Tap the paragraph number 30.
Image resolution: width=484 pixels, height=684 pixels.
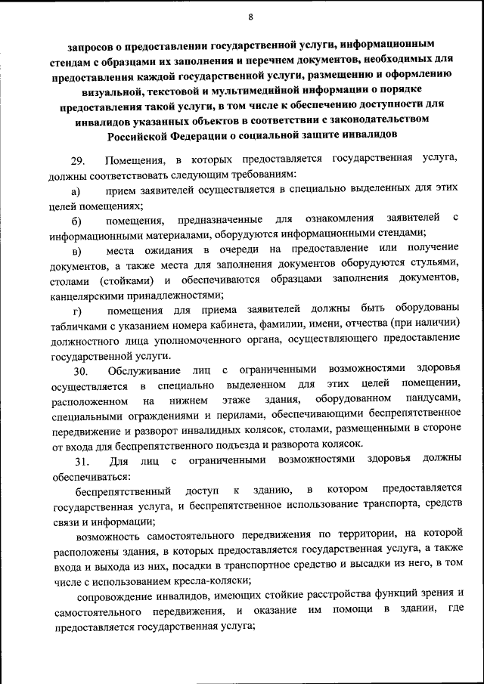(x=80, y=370)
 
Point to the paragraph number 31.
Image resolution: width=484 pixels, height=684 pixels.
(x=80, y=460)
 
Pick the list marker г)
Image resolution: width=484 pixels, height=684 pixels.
(x=76, y=311)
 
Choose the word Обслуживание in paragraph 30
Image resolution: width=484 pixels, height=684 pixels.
(x=144, y=370)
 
